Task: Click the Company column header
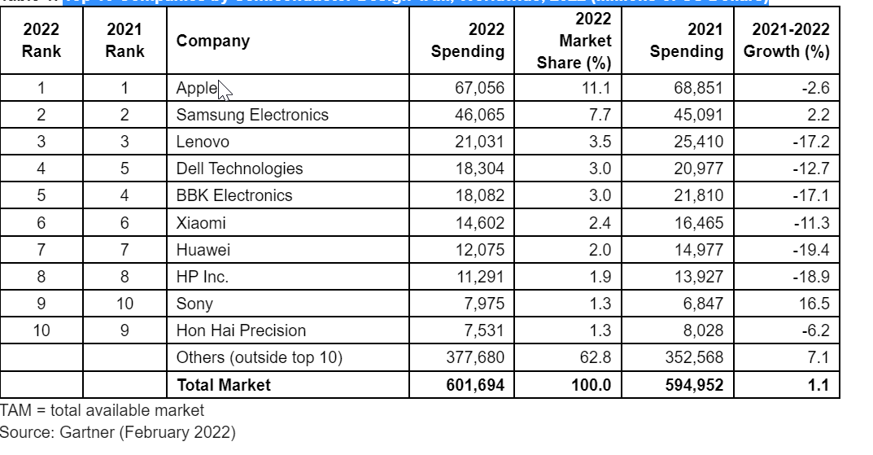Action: coord(212,41)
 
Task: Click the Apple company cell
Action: coord(197,88)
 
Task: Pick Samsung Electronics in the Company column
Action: coord(252,115)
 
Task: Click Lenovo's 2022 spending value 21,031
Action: coord(479,142)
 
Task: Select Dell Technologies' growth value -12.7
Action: coord(810,168)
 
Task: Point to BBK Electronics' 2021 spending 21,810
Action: coord(698,195)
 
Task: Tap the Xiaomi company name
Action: coord(201,222)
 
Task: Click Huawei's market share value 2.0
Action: coord(600,249)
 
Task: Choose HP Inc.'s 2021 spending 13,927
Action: coord(698,276)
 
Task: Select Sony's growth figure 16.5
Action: coord(814,304)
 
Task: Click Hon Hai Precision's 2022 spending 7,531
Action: coord(483,330)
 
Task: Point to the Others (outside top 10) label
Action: coord(260,357)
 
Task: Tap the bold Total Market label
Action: coord(224,384)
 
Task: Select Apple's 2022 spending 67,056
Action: coord(479,88)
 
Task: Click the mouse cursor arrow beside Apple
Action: coord(225,90)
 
